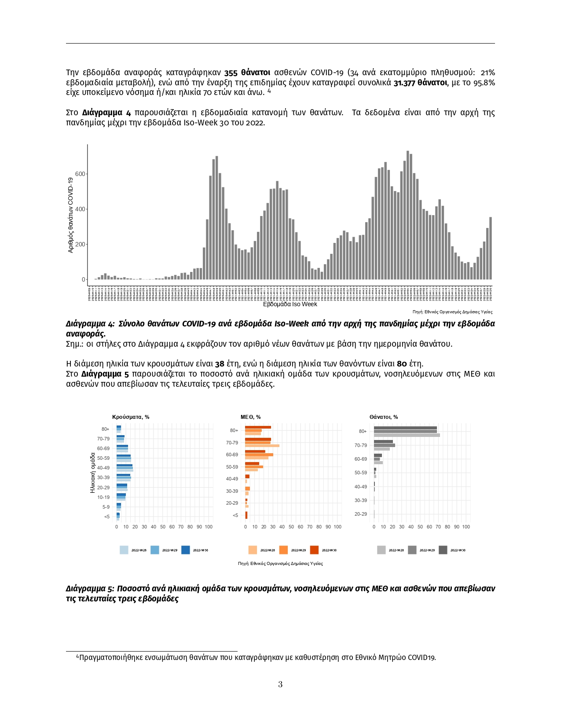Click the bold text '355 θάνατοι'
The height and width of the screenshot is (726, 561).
(247, 73)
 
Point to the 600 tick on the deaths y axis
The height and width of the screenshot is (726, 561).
(80, 174)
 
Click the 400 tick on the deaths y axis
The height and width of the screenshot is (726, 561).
(80, 209)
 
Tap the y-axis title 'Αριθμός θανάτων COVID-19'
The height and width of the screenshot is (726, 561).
(70, 215)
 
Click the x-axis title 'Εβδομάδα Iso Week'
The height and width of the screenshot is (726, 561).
(290, 304)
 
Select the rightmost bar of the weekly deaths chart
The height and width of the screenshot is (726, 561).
(491, 248)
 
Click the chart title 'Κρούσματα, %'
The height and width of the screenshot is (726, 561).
(131, 417)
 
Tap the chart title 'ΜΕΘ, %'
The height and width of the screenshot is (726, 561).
(250, 417)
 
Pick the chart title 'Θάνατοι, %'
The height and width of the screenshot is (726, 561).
(384, 417)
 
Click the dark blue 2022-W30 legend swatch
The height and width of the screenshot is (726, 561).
(185, 550)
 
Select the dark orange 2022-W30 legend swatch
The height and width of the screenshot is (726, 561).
(314, 550)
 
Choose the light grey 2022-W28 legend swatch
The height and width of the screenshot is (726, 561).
(381, 550)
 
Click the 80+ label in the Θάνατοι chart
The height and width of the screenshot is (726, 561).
(363, 432)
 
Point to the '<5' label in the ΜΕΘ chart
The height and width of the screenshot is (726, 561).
(235, 515)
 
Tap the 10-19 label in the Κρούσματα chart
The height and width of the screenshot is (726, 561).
(103, 498)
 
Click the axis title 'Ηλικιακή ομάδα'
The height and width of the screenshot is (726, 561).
(93, 473)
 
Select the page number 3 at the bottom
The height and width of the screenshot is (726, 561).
(280, 685)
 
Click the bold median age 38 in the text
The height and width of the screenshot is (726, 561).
(220, 364)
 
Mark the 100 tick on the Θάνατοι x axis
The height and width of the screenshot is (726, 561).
(466, 527)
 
